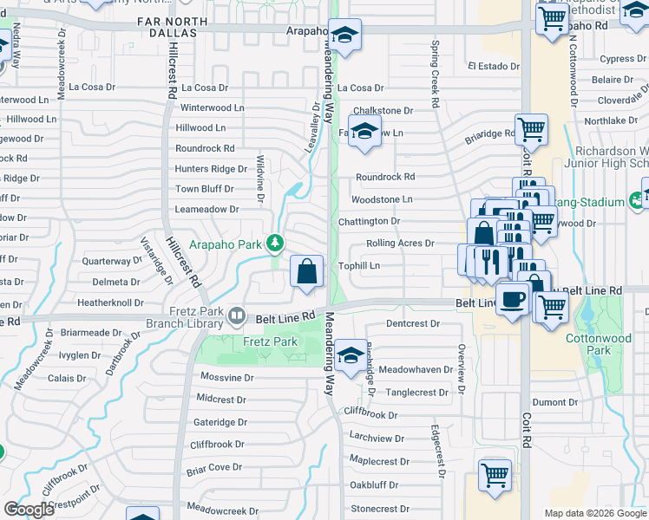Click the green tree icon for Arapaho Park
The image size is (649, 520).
pyautogui.click(x=275, y=243)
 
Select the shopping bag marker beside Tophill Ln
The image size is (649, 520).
pyautogui.click(x=307, y=270)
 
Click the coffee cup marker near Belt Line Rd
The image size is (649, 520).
pyautogui.click(x=512, y=298)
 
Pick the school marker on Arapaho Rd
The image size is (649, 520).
pyautogui.click(x=344, y=36)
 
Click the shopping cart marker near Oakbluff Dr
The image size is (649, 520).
pyautogui.click(x=495, y=475)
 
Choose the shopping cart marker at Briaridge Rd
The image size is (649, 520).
pyautogui.click(x=531, y=131)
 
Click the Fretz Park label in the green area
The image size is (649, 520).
pyautogui.click(x=270, y=341)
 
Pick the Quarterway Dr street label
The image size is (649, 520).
pyautogui.click(x=111, y=261)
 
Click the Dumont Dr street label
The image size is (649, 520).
pyautogui.click(x=554, y=402)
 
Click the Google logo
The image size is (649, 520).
pyautogui.click(x=29, y=510)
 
